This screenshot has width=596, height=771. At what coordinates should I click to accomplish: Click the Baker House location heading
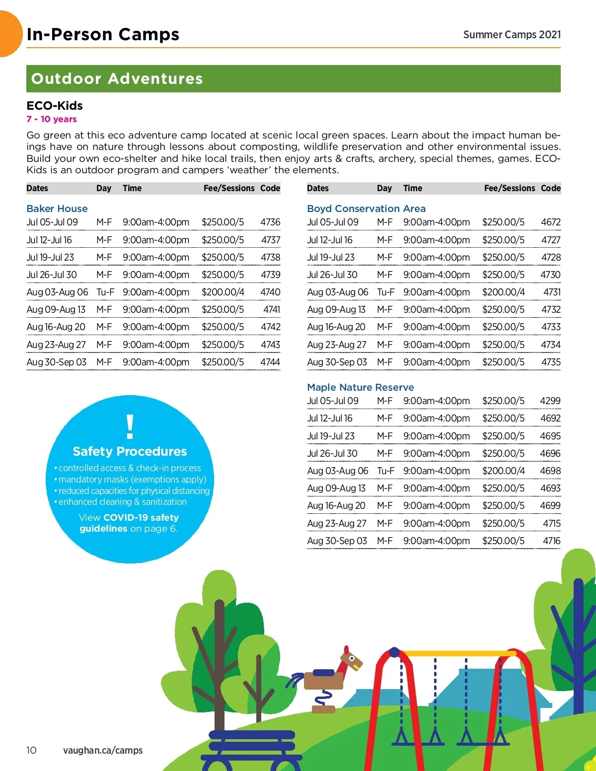(x=57, y=209)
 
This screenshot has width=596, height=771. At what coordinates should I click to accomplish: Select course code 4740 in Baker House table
(x=270, y=292)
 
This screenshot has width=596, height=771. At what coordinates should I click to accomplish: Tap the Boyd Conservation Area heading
(x=366, y=209)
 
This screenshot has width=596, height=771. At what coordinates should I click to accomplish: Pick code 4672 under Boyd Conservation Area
(x=550, y=222)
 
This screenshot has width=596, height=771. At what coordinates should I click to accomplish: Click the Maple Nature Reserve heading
(x=360, y=387)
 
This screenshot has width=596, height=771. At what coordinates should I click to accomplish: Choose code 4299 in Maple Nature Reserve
(x=550, y=401)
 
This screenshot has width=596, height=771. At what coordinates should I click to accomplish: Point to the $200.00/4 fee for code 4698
(x=503, y=471)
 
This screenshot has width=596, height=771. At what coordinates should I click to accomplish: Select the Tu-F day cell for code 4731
(x=385, y=292)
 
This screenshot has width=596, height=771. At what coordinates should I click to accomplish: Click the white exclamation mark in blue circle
(x=130, y=426)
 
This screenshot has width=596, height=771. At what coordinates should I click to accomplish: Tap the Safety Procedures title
(x=130, y=451)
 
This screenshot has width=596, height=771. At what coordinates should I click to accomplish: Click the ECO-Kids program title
(x=55, y=106)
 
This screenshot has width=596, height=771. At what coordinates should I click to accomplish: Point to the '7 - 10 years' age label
(x=52, y=119)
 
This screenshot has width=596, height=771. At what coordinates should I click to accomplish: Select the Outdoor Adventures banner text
(x=117, y=79)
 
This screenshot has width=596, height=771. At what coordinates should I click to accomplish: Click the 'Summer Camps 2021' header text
(x=512, y=35)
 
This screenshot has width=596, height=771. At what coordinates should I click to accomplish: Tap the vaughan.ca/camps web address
(x=103, y=750)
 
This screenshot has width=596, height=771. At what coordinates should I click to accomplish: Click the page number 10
(x=31, y=750)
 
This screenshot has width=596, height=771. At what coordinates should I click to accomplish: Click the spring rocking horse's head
(x=353, y=659)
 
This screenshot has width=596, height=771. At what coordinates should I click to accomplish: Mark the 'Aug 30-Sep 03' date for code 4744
(x=57, y=362)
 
